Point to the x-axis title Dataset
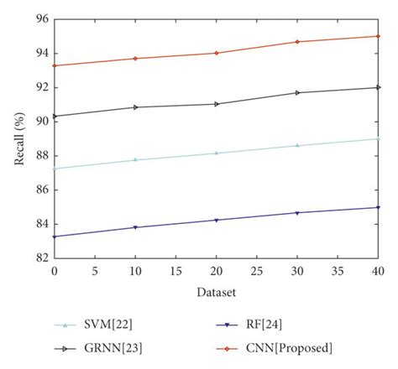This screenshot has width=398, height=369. pyautogui.click(x=217, y=293)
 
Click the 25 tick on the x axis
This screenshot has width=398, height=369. pyautogui.click(x=257, y=272)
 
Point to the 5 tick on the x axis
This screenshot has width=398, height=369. pyautogui.click(x=95, y=272)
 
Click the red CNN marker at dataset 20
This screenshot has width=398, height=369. pyautogui.click(x=217, y=53)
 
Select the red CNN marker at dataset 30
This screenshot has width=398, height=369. pyautogui.click(x=297, y=42)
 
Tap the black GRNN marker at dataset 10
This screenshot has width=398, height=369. pyautogui.click(x=135, y=107)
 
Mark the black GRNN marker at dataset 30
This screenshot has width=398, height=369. pyautogui.click(x=297, y=92)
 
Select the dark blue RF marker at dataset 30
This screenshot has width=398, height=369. pyautogui.click(x=297, y=213)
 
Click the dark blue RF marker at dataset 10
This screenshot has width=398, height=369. pyautogui.click(x=135, y=227)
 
